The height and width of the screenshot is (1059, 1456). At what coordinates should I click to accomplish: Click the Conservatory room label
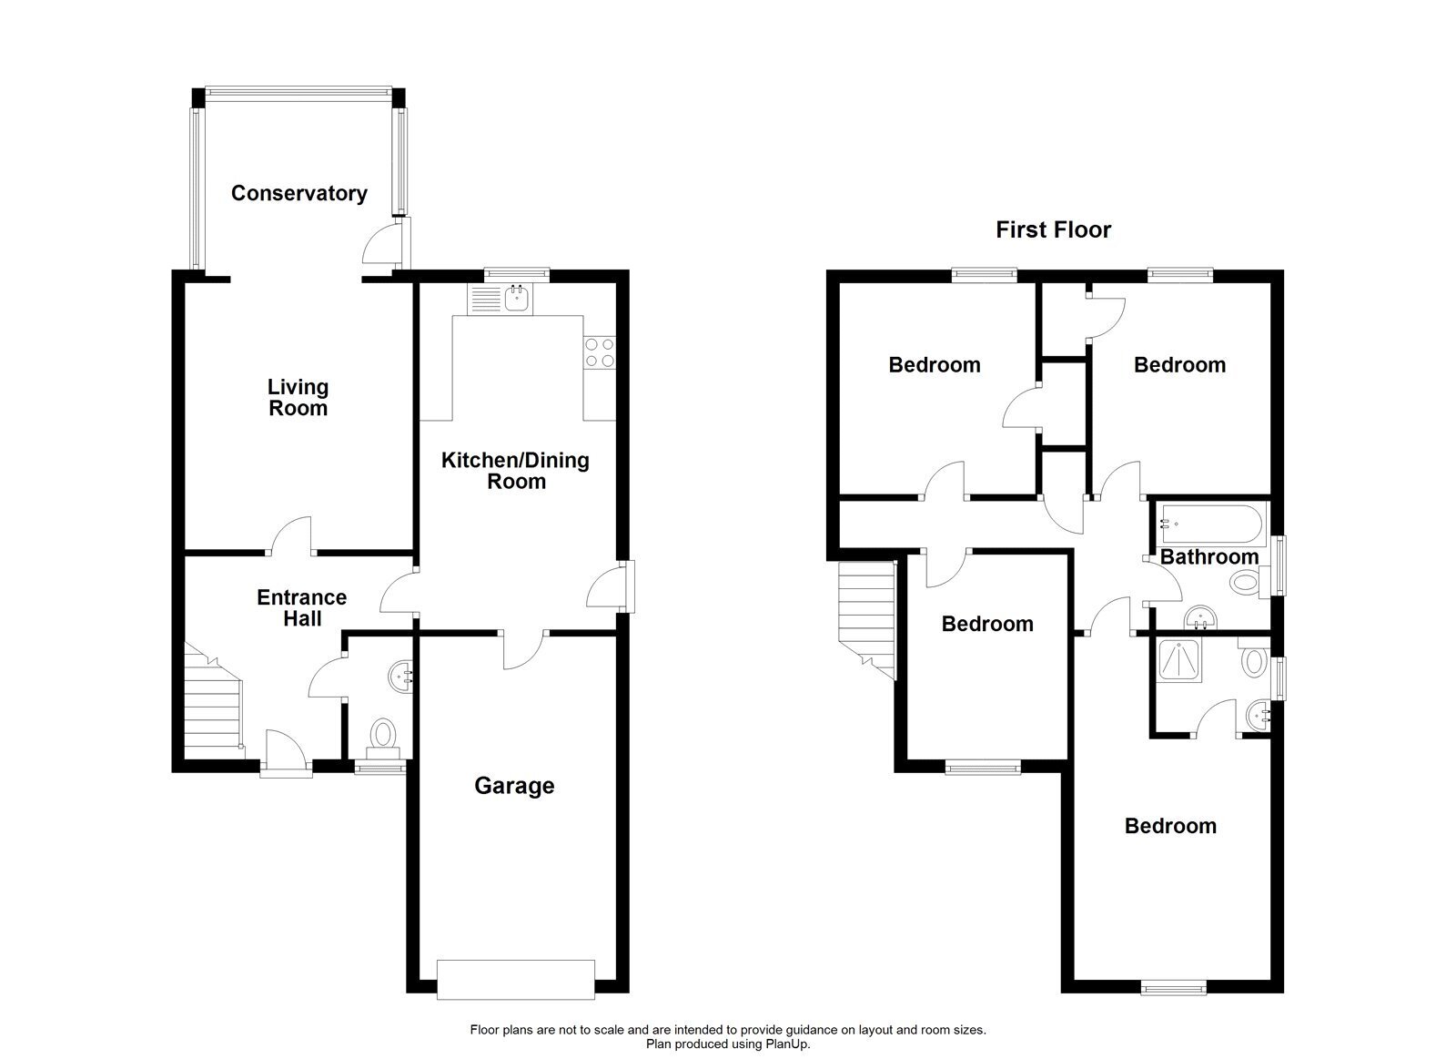pyautogui.click(x=298, y=193)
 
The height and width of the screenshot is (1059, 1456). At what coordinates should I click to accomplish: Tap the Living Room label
pyautogui.click(x=298, y=398)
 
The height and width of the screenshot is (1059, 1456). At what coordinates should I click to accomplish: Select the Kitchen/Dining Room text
pyautogui.click(x=515, y=471)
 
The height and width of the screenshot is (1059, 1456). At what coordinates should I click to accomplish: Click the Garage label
pyautogui.click(x=514, y=786)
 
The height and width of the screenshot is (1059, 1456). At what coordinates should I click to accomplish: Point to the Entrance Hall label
pyautogui.click(x=301, y=607)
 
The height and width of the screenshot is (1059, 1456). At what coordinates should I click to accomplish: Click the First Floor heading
pyautogui.click(x=1053, y=229)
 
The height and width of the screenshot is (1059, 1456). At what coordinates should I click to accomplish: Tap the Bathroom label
pyautogui.click(x=1209, y=556)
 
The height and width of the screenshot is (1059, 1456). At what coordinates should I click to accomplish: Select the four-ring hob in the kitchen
pyautogui.click(x=599, y=352)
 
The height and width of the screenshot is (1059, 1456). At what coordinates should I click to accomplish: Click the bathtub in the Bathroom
pyautogui.click(x=1208, y=525)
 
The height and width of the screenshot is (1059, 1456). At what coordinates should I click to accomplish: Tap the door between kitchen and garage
pyautogui.click(x=522, y=648)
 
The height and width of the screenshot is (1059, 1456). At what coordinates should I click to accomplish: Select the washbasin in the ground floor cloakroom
pyautogui.click(x=401, y=677)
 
